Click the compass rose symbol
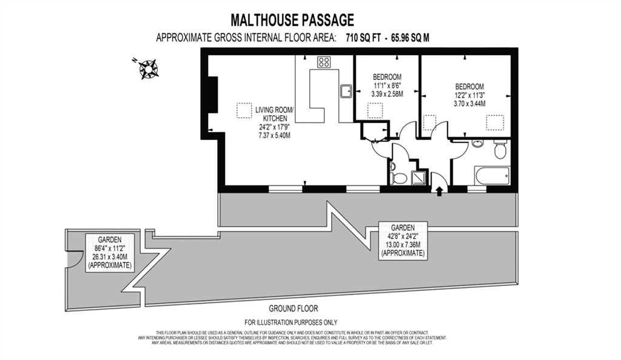pyautogui.click(x=147, y=68)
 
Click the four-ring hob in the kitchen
pyautogui.click(x=324, y=61)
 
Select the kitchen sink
pyautogui.click(x=347, y=91)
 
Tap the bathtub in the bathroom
pyautogui.click(x=492, y=176)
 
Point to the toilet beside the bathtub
pyautogui.click(x=500, y=149)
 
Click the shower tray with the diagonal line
pyautogui.click(x=419, y=178)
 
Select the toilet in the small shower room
pyautogui.click(x=399, y=178)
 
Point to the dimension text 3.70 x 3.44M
pyautogui.click(x=470, y=103)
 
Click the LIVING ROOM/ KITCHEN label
pyautogui.click(x=274, y=114)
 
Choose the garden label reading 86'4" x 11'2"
pyautogui.click(x=112, y=247)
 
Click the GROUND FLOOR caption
pyautogui.click(x=294, y=308)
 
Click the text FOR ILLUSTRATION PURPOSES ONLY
pyautogui.click(x=290, y=322)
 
